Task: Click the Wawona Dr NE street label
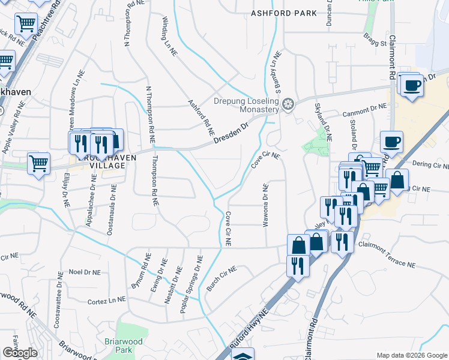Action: (x=265, y=206)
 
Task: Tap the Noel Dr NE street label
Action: (x=83, y=271)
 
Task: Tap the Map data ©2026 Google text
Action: (x=411, y=355)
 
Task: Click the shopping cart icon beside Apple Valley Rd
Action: (x=38, y=163)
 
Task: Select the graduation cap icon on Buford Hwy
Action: (x=243, y=356)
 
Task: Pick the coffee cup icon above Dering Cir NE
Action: (x=391, y=142)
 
